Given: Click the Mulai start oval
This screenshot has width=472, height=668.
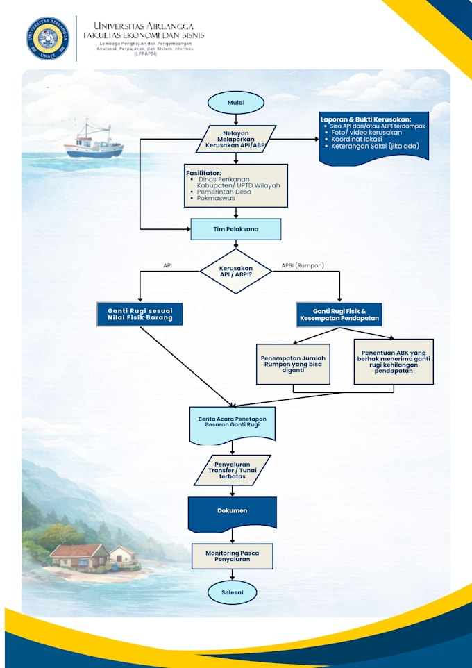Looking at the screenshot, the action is coord(235,103).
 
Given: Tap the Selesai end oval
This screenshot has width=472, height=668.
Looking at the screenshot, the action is coord(232,592).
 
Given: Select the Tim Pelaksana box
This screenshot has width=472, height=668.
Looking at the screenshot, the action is coord(235,229).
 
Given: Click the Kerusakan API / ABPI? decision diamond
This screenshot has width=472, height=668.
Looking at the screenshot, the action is coord(235,272).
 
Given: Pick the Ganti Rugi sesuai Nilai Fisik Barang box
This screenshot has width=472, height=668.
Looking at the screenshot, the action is coord(140,315).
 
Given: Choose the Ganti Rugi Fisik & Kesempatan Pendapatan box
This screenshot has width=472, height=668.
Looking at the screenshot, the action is coord(339,315).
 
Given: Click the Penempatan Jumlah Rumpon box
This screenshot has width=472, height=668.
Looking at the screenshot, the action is coord(293,365).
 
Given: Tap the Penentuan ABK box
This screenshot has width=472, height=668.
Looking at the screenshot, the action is coord(394,362).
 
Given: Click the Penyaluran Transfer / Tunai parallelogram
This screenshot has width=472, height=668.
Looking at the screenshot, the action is coord(232,470).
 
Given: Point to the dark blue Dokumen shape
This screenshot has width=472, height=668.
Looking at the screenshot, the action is coord(232,514).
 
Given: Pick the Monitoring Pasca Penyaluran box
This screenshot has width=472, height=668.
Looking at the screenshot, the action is coord(232,556).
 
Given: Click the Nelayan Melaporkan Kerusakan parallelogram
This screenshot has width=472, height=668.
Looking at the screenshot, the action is coord(235,139).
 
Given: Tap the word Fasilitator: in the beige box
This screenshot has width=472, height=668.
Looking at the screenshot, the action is coord(203,173).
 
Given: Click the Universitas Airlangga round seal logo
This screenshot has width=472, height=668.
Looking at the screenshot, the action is coord(48,38).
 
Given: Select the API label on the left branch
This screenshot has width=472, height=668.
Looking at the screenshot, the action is coord(168,265).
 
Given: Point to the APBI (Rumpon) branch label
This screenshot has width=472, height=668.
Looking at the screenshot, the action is coord(303,265).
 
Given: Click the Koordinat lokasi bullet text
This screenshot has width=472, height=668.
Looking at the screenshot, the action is coord(357,139).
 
